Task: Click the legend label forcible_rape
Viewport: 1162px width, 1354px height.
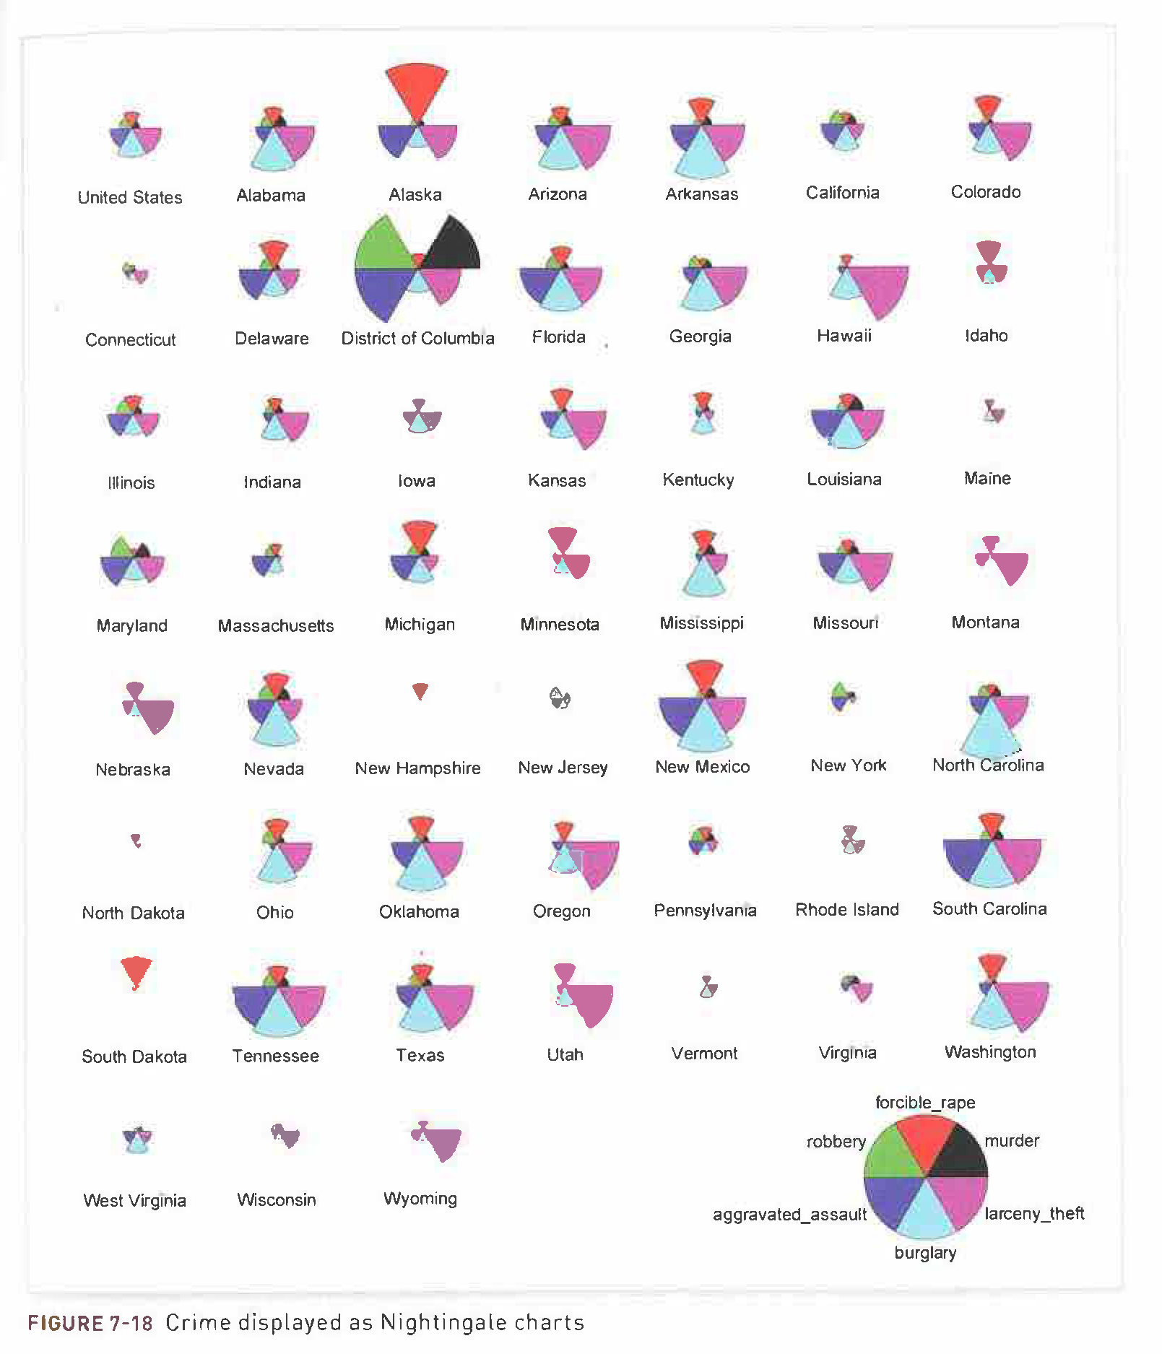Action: (x=924, y=1102)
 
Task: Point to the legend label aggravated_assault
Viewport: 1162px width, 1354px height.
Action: (x=789, y=1214)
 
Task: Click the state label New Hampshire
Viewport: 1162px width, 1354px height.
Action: (x=417, y=768)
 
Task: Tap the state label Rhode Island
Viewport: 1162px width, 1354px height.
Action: (x=846, y=909)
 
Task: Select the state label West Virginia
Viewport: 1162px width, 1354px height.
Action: (x=134, y=1200)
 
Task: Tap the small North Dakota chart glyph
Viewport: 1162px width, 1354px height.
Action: (x=135, y=841)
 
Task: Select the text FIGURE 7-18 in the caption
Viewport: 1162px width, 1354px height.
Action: (x=90, y=1323)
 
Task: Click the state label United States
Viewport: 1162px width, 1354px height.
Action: (x=130, y=197)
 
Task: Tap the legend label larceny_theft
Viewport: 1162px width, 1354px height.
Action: (x=1034, y=1213)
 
